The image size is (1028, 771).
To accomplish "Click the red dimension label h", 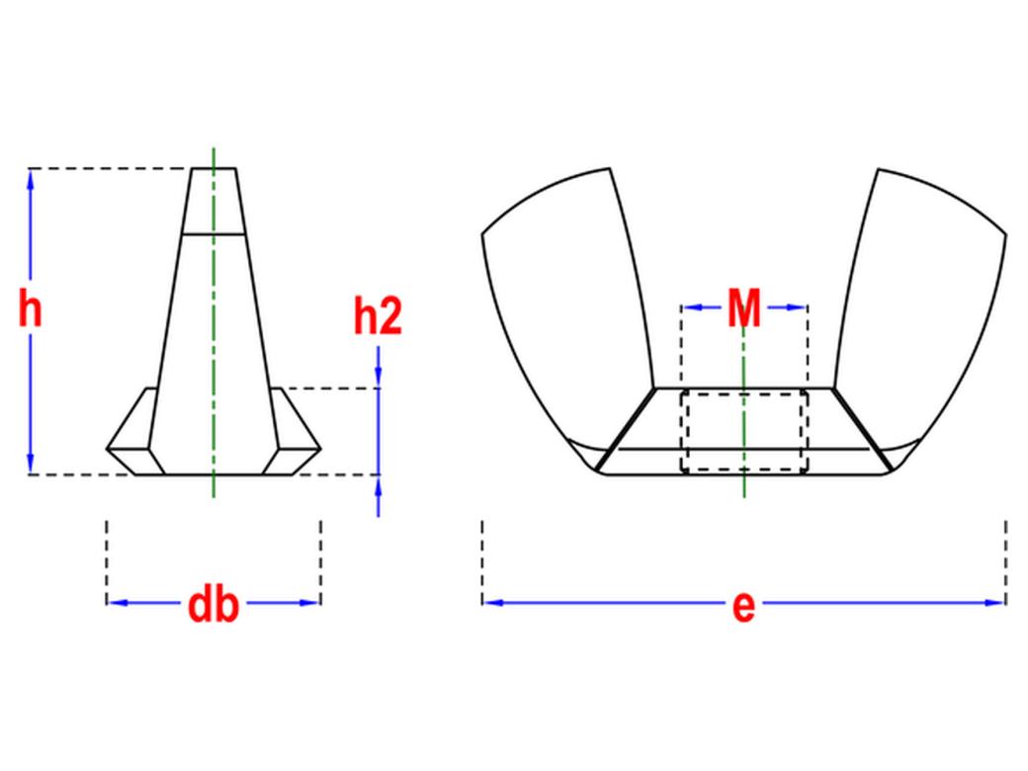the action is point(31,310).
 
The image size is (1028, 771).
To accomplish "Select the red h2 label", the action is point(378,316).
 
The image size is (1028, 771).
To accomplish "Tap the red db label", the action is point(214,605).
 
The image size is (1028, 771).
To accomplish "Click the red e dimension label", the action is point(743,607).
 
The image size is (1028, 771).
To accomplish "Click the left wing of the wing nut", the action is point(569,308).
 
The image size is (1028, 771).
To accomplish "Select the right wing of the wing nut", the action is point(919,308).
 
